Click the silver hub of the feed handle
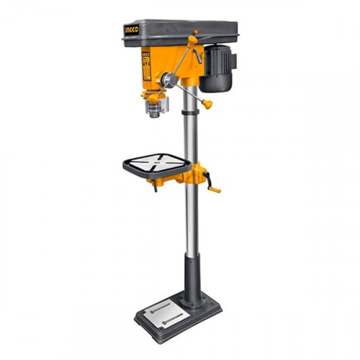[x=167, y=80]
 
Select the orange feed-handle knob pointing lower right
[x=207, y=104]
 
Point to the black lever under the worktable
[x=153, y=186]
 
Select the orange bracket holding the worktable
[x=180, y=176]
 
